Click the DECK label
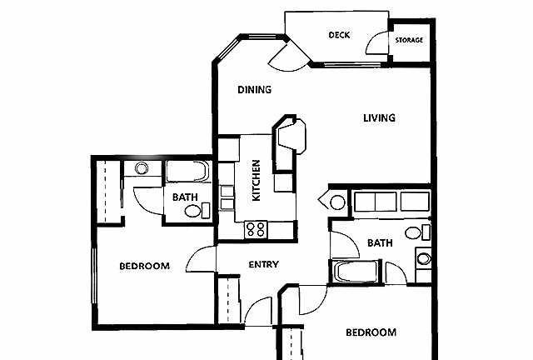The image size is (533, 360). tap(339, 35)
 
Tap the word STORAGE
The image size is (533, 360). tap(409, 40)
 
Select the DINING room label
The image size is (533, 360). tap(255, 90)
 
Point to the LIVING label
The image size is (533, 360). tap(379, 118)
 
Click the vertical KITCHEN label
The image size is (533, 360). tap(256, 180)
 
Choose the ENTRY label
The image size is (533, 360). tap(264, 264)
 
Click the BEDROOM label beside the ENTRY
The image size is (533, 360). tap(144, 266)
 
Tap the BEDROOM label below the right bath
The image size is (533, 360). tap(371, 332)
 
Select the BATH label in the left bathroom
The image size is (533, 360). tap(185, 197)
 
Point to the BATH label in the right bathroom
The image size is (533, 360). tap(380, 243)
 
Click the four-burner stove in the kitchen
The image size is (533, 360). tap(256, 229)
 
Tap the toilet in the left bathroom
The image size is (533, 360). tap(197, 211)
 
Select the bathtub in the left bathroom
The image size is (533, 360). tap(187, 171)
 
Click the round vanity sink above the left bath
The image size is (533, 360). tap(142, 168)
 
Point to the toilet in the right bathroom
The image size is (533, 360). tap(417, 232)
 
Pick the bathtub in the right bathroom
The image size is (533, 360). tap(356, 272)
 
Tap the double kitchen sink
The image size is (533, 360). tap(227, 197)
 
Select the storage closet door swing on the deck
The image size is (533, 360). tap(376, 42)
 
